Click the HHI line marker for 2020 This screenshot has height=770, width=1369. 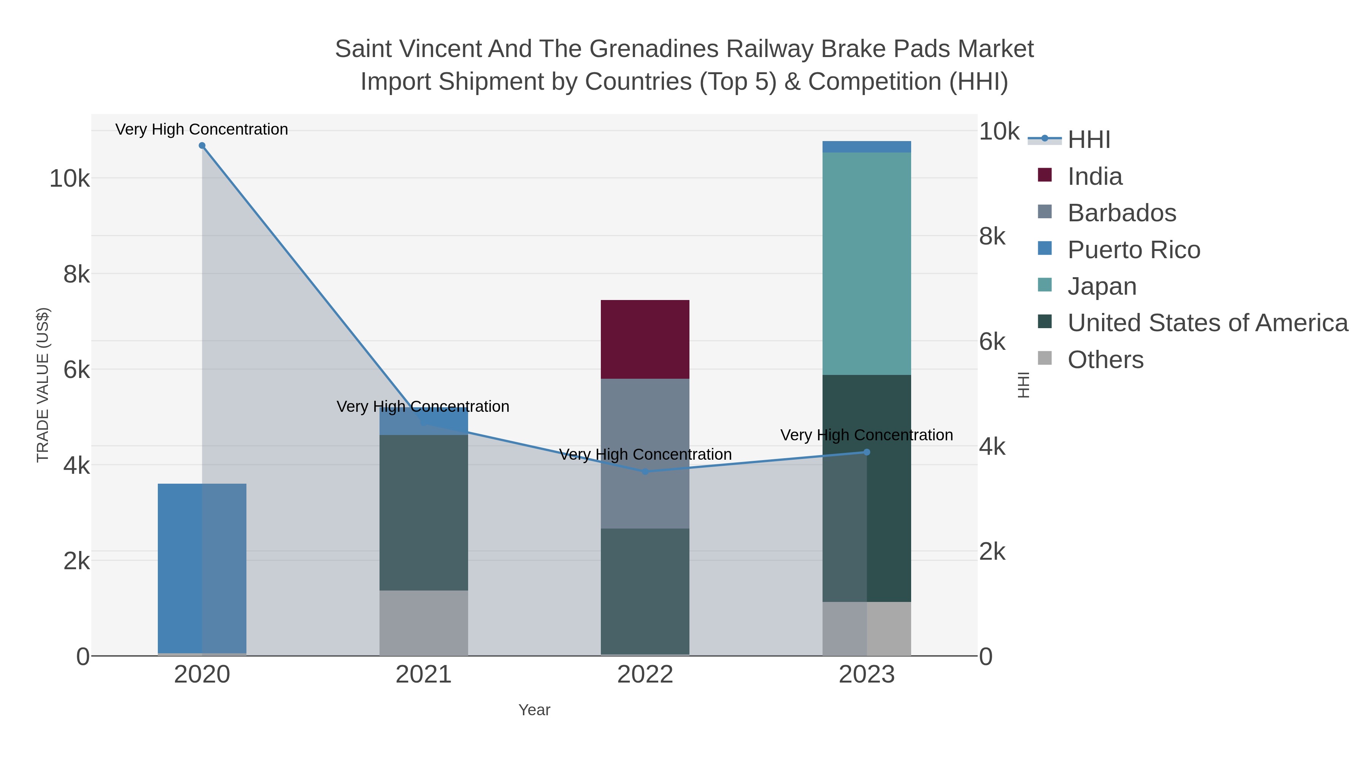pos(202,146)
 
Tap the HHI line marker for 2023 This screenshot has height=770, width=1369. pos(867,452)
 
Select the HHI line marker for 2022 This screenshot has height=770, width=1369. pos(645,472)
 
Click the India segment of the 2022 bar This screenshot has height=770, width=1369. pos(645,339)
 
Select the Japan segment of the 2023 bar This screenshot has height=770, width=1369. pos(867,263)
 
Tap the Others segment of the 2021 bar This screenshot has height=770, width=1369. pos(424,623)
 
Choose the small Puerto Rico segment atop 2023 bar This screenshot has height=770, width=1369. pos(867,147)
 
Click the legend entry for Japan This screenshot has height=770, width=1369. pos(1102,286)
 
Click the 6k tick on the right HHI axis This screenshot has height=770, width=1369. pos(992,342)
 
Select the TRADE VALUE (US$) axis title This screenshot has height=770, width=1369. pos(43,385)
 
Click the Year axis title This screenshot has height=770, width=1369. pos(534,710)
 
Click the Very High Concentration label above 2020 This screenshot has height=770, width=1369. pos(202,129)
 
